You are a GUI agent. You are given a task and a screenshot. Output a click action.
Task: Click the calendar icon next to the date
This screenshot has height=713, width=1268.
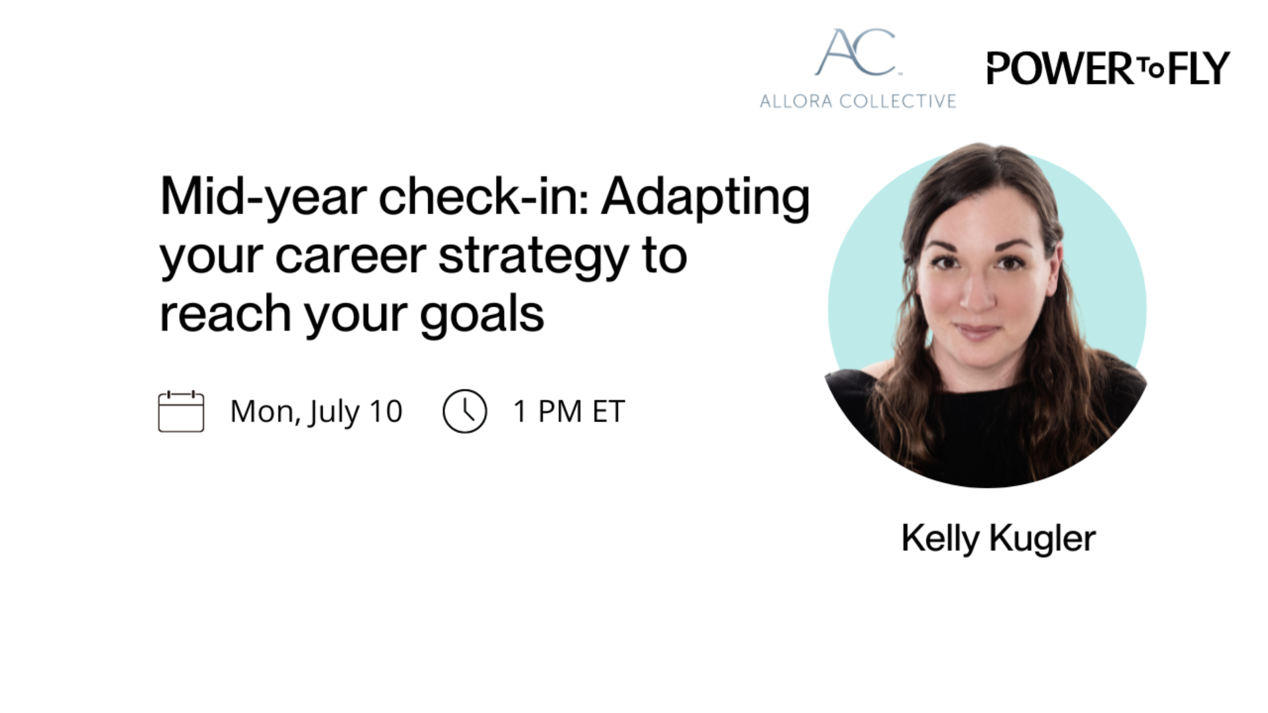[181, 411]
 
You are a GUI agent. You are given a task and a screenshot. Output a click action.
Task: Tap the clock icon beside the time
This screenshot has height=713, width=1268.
[465, 411]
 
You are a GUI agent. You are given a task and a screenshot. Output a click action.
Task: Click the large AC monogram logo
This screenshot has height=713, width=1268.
[857, 52]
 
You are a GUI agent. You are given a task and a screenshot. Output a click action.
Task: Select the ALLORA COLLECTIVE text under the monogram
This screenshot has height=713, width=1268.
[858, 101]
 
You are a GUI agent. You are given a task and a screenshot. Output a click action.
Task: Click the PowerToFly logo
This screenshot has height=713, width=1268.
[1108, 68]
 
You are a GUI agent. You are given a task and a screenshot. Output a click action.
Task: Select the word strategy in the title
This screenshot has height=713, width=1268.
[534, 257]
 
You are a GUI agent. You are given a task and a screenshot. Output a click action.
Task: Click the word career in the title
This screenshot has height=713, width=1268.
[351, 257]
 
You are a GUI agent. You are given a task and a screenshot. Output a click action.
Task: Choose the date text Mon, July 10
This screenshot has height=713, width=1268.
[316, 412]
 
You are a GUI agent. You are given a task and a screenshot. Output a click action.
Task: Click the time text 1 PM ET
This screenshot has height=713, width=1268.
[569, 412]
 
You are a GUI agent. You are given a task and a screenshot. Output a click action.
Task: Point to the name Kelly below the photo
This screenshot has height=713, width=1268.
[940, 539]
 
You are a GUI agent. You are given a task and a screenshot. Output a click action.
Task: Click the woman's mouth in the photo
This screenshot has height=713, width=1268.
[979, 331]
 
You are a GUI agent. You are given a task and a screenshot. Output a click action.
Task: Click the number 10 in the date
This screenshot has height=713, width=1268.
[386, 412]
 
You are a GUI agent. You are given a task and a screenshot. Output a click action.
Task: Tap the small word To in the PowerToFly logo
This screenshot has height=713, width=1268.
[1150, 68]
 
